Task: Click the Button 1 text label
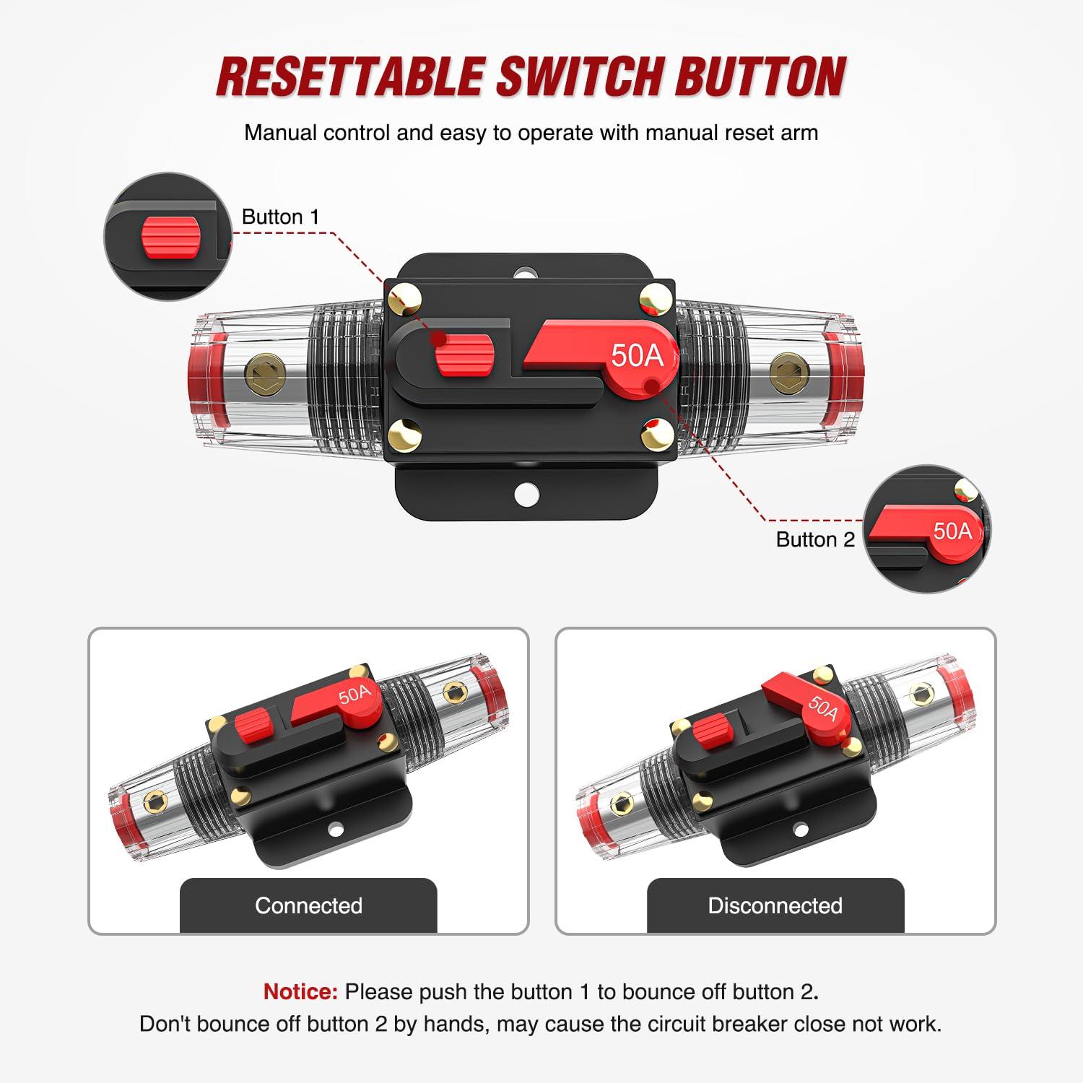click(280, 217)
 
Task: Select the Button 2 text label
click(814, 539)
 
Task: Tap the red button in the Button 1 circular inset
click(170, 236)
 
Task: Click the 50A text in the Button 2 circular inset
click(952, 531)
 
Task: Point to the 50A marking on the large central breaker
click(636, 355)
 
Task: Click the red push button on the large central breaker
click(464, 355)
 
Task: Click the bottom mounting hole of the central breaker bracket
click(527, 495)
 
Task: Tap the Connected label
click(308, 905)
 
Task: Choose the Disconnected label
click(775, 905)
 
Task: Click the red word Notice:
click(300, 991)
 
